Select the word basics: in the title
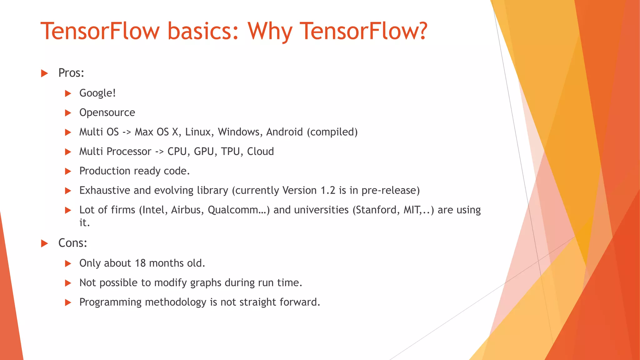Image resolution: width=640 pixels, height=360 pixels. click(x=203, y=31)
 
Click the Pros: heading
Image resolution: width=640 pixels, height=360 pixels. click(x=71, y=73)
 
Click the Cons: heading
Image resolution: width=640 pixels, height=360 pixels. click(x=72, y=243)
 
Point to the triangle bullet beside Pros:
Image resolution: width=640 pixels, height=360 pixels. click(x=45, y=73)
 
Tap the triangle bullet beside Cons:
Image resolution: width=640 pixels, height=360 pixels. click(x=45, y=243)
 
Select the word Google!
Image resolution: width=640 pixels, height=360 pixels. click(x=97, y=93)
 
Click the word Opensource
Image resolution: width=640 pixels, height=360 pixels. click(x=107, y=112)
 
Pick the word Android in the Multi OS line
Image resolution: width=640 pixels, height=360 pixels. click(x=284, y=132)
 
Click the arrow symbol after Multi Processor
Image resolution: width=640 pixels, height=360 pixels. click(x=159, y=152)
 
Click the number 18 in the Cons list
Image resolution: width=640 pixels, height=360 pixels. click(x=140, y=263)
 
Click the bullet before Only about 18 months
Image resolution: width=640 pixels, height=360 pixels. click(x=68, y=263)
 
